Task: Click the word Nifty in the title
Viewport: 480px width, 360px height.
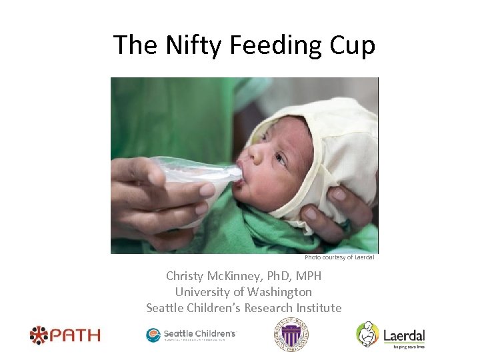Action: pos(185,45)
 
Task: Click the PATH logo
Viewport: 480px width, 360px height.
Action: pos(65,334)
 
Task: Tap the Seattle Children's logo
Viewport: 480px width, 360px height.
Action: pos(191,335)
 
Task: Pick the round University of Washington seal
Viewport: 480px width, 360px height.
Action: pos(292,334)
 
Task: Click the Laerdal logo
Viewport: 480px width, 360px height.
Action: pos(391,335)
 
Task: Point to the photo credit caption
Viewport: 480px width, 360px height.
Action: pos(339,257)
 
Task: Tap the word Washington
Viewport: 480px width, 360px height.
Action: pos(279,292)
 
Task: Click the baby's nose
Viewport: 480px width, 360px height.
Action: pos(255,152)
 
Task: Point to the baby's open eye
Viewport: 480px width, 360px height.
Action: pos(280,160)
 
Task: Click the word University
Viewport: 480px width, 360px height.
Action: pos(200,292)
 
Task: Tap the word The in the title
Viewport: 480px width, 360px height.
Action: pos(134,45)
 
